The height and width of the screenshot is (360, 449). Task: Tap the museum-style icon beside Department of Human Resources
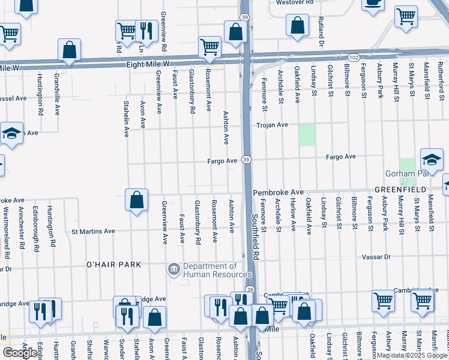173,268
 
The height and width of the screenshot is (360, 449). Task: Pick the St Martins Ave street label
93,231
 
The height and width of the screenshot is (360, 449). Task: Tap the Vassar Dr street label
376,256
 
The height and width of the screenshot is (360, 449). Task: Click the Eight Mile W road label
148,64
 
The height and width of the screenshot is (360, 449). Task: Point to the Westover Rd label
295,2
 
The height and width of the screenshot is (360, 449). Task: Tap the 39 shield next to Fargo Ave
246,160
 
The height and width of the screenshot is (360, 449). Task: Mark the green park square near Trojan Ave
307,134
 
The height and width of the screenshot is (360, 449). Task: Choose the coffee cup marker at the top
373,4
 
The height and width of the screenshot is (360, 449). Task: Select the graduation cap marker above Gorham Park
432,160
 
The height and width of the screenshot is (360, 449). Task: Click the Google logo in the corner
20,353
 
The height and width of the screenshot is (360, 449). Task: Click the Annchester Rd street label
22,228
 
